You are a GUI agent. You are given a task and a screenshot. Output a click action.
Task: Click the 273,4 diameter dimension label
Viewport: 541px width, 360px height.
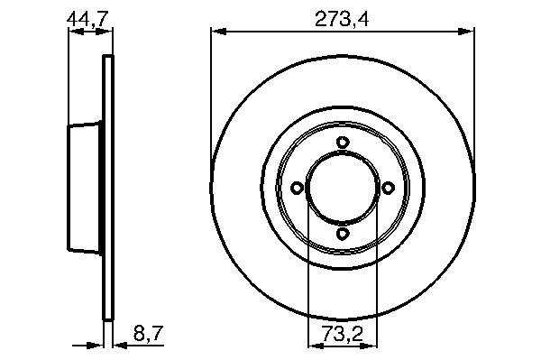click(x=342, y=19)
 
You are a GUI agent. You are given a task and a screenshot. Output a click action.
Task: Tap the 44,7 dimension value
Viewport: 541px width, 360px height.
click(x=88, y=19)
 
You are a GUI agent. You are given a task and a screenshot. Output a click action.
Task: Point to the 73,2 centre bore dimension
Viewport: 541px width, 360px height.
click(x=343, y=334)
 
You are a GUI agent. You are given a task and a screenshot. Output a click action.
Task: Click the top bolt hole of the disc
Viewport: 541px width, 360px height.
click(x=343, y=143)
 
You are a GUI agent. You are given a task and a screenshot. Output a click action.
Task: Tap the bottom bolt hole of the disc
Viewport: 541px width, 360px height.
click(x=343, y=234)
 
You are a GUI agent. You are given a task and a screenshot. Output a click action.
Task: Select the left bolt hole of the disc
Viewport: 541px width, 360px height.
click(x=297, y=188)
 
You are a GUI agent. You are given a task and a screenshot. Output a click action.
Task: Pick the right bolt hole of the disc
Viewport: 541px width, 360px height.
click(x=388, y=188)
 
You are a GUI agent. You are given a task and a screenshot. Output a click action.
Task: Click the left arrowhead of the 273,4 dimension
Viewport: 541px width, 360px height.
click(x=219, y=32)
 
